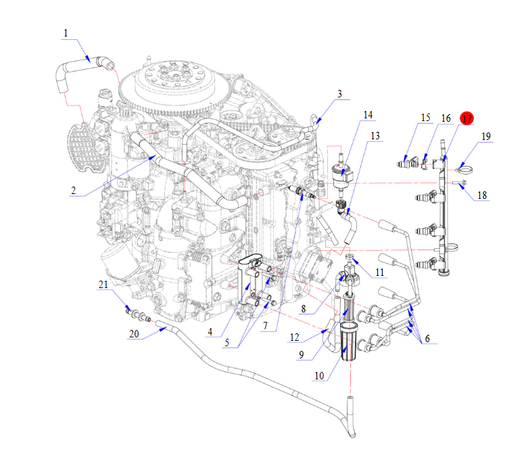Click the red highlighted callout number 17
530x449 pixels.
pos(466,118)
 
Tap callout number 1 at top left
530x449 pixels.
pos(66,33)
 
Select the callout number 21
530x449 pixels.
pos(103,286)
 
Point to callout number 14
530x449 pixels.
pos(368,115)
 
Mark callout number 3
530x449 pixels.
pos(339,93)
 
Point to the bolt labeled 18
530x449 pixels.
pos(462,183)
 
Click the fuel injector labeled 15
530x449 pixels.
pos(407,163)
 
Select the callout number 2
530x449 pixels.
pos(72,191)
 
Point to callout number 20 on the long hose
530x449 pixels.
pos(134,334)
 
